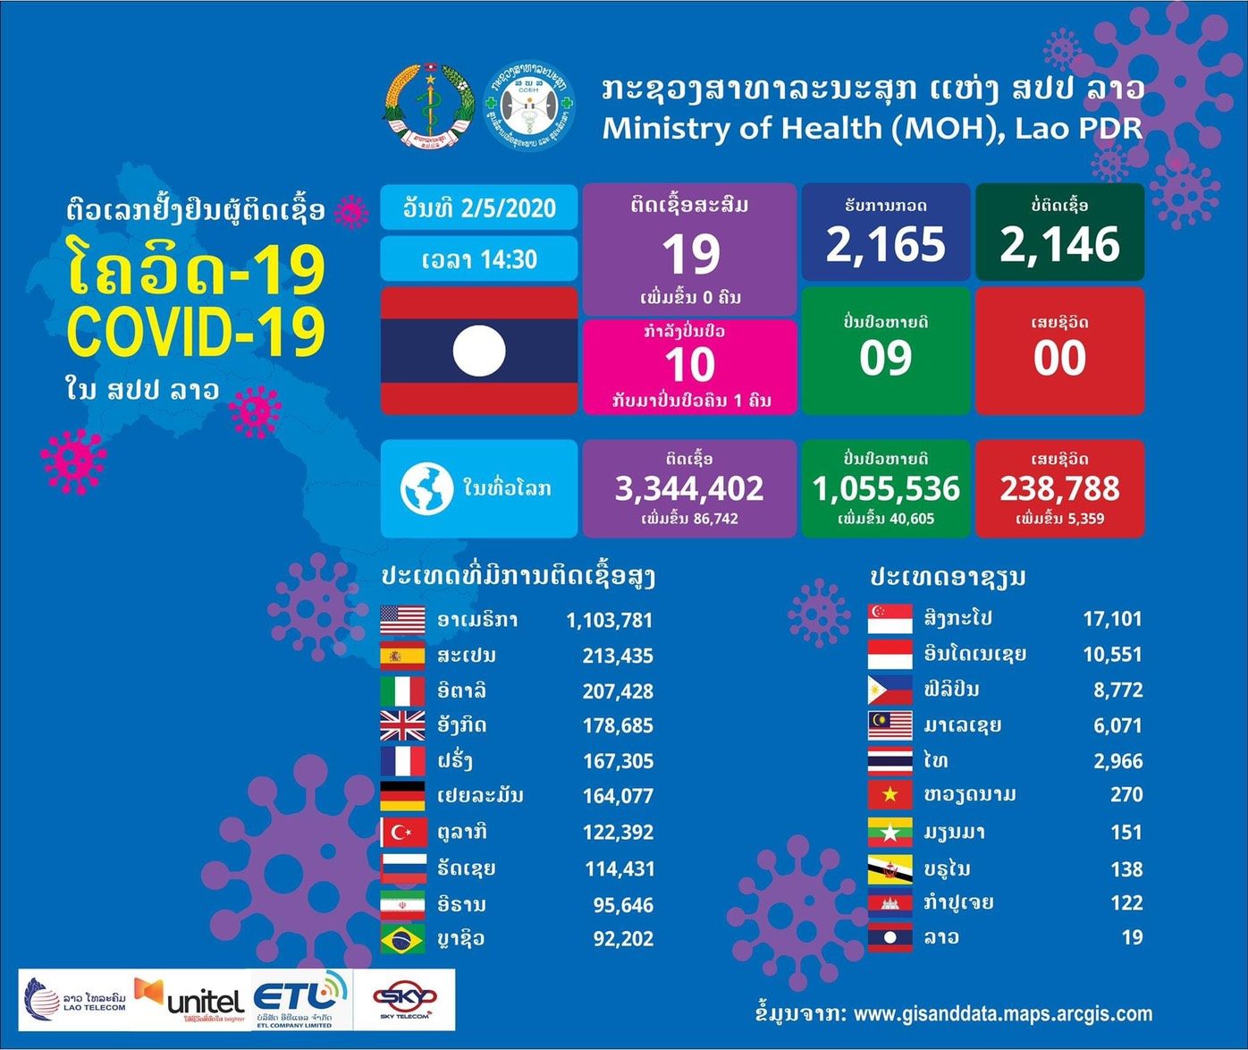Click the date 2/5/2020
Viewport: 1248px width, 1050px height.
tap(509, 208)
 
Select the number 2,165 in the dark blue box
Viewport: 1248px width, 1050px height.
tap(885, 244)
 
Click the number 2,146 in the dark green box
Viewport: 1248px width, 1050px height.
tap(1059, 244)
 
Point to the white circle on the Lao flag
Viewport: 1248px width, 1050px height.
tap(479, 351)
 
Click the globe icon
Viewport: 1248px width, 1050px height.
tap(426, 488)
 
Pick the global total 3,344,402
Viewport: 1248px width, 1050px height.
tap(689, 488)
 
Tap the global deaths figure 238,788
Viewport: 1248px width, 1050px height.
tap(1059, 488)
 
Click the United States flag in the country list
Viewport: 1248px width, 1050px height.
tap(402, 620)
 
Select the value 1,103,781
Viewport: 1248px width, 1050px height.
tap(610, 620)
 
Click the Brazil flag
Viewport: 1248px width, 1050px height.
tap(402, 939)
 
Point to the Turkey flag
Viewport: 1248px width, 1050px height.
tap(402, 833)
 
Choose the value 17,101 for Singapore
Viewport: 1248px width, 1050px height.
tap(1112, 619)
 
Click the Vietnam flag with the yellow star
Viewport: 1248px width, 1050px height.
tap(890, 795)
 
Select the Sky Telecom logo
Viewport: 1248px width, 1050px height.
tap(404, 999)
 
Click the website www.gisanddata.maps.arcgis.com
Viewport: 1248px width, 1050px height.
tap(1002, 1014)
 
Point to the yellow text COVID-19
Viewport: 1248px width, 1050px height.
tap(196, 332)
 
